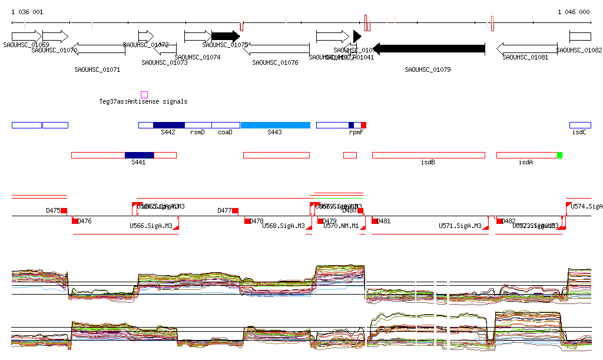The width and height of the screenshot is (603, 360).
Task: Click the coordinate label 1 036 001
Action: click(27, 12)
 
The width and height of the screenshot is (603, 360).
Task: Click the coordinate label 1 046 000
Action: click(574, 12)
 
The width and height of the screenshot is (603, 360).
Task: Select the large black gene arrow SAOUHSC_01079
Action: click(429, 48)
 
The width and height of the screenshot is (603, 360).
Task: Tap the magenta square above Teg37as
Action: click(144, 95)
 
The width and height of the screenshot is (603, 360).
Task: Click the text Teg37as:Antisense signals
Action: click(143, 102)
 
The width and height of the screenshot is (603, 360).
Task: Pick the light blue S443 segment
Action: click(275, 125)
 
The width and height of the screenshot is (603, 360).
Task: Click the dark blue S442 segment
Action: click(168, 125)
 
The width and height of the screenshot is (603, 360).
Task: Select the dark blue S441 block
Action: click(139, 155)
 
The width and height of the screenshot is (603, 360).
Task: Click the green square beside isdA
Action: click(560, 155)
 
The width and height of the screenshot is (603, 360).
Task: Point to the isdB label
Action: click(428, 162)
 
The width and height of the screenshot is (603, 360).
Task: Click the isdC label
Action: click(579, 133)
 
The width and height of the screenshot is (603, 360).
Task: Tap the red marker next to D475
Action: click(64, 210)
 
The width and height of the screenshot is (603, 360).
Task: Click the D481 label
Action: click(383, 222)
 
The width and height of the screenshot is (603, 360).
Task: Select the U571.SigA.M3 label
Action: click(460, 226)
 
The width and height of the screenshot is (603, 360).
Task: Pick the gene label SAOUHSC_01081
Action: click(525, 57)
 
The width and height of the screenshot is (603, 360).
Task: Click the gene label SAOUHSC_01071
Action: click(97, 70)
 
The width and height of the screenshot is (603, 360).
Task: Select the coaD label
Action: click(225, 133)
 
